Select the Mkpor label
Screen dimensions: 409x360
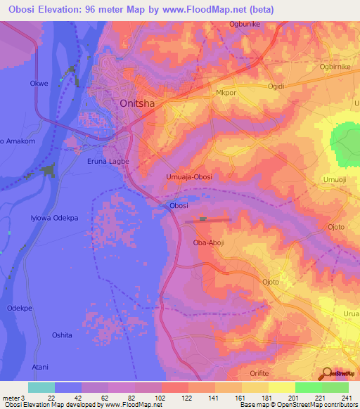tap(224, 92)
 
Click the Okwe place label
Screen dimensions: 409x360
tap(39, 83)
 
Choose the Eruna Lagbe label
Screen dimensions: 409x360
tap(108, 161)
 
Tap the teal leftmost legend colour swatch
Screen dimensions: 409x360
tap(41, 387)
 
